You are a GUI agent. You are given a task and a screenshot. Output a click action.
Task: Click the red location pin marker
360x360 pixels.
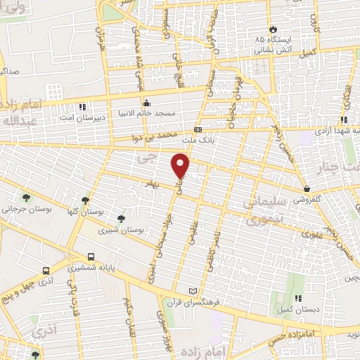[181, 166]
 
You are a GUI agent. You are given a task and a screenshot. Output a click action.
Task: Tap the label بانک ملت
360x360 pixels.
[218, 140]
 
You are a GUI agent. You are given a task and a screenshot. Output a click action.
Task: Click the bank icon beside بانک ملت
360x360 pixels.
[198, 130]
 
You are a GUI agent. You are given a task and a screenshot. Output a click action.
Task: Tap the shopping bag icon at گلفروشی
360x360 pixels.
[308, 188]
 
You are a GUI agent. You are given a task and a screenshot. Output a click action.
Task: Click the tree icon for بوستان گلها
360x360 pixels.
[85, 200]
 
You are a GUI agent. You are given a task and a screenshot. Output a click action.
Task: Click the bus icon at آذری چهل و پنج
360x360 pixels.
[46, 271]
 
